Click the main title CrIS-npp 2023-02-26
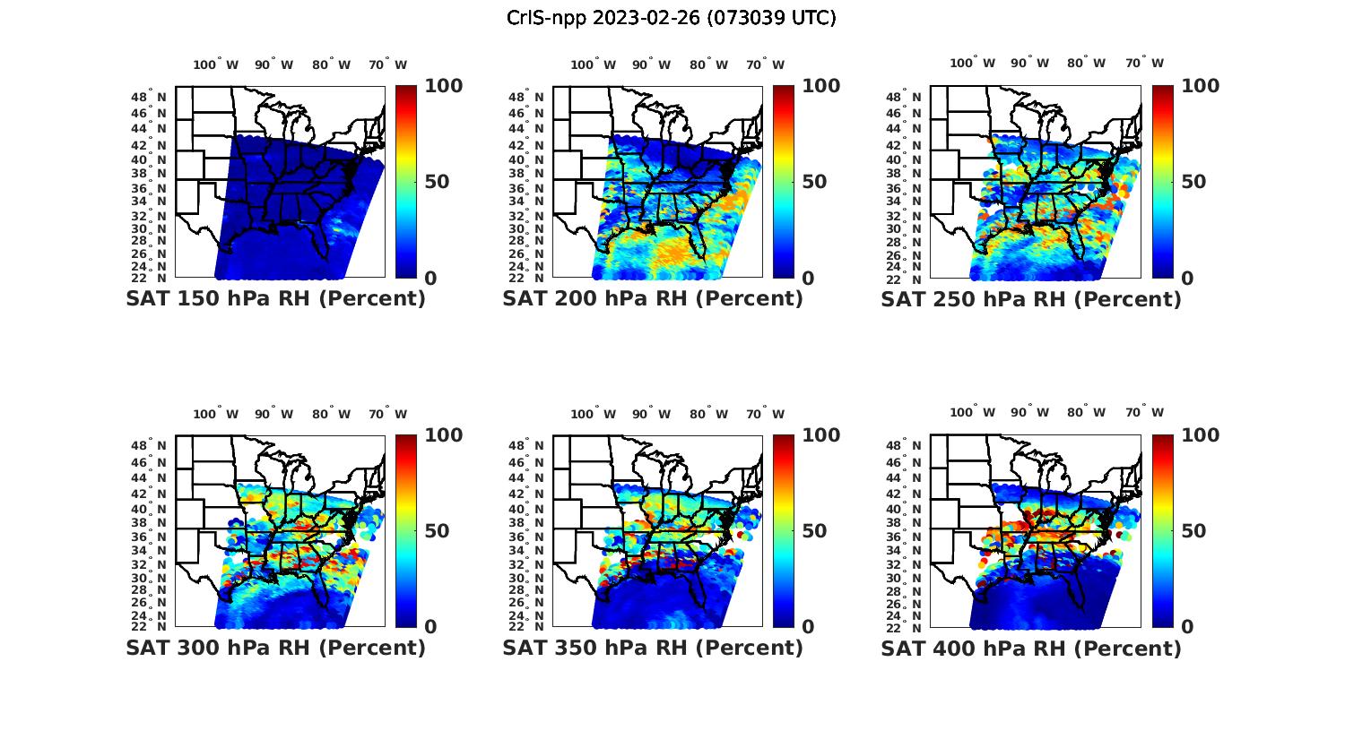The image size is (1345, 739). [x=671, y=18]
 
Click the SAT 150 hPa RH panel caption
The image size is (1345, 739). [x=275, y=299]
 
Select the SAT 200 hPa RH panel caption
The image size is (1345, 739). [x=653, y=299]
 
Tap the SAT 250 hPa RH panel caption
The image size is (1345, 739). [x=1031, y=299]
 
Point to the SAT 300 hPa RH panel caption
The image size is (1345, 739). [x=275, y=648]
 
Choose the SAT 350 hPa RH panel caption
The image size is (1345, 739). [x=653, y=648]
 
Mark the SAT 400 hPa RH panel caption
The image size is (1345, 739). [x=1031, y=648]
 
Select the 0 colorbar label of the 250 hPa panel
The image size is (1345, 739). [x=1187, y=279]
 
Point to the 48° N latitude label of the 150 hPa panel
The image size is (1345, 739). [x=149, y=97]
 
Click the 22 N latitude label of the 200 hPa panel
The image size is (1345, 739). [x=526, y=278]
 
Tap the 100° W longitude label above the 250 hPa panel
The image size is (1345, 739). [x=973, y=63]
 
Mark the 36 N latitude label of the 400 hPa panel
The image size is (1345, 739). [x=904, y=536]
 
